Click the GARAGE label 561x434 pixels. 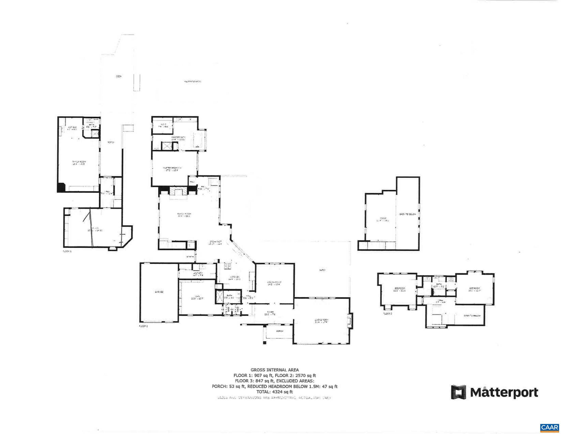(x=159, y=292)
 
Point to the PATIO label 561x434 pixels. (x=322, y=270)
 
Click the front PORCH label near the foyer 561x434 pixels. (x=279, y=331)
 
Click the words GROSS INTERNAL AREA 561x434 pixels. (x=274, y=370)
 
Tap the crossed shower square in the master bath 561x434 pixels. (x=166, y=146)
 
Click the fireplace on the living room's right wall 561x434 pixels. (x=350, y=320)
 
